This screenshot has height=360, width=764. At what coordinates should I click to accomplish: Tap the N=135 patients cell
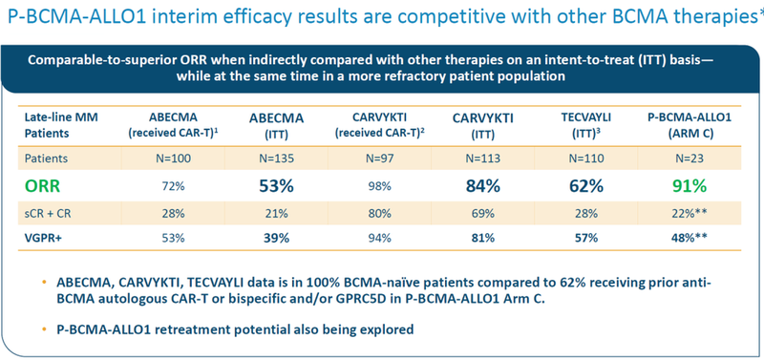coord(271,159)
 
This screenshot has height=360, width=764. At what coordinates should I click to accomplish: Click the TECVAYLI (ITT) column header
coord(586,126)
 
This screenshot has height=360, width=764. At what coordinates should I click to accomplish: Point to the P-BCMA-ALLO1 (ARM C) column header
coord(690,126)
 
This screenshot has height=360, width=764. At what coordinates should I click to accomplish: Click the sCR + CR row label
coord(48,213)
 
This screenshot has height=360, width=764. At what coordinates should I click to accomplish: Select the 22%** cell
coord(690,213)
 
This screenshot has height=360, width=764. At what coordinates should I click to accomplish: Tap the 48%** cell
coord(690,238)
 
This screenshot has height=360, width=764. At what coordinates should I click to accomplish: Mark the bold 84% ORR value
coord(481,186)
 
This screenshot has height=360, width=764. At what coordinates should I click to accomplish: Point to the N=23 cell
coord(690,159)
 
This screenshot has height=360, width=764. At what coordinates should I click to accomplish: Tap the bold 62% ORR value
coord(586,186)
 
